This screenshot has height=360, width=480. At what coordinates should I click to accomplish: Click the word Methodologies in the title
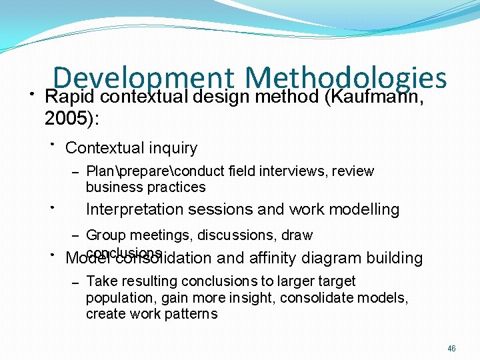point(345,79)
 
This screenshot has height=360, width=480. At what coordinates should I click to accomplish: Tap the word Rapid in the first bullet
point(63,97)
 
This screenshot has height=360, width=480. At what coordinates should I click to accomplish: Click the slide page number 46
point(452,349)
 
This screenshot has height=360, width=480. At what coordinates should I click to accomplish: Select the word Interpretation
point(135,209)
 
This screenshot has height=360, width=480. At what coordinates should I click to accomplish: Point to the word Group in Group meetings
point(104,235)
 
